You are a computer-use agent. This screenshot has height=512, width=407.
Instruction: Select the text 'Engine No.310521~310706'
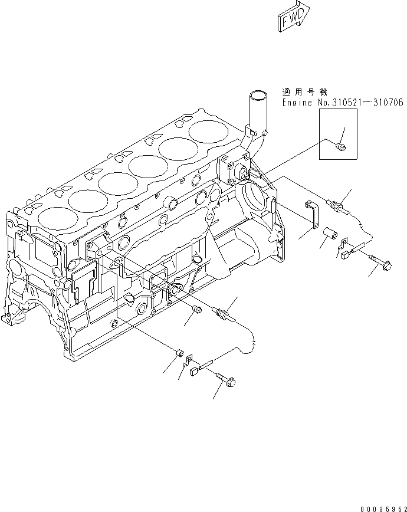[x=342, y=103]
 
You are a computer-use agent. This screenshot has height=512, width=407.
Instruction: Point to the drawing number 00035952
[x=380, y=505]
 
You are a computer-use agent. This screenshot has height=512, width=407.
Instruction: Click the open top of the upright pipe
[x=257, y=94]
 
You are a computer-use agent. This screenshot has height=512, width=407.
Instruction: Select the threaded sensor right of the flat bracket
[x=338, y=206]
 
